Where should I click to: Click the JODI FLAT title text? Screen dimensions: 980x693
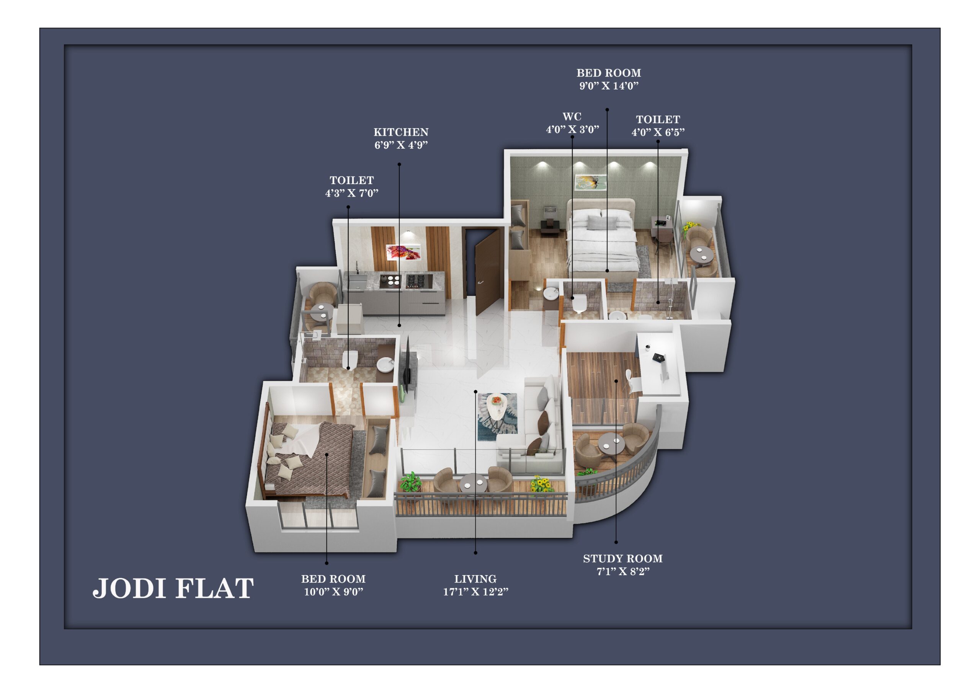click(x=173, y=589)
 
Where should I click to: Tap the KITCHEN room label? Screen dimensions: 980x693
click(x=401, y=132)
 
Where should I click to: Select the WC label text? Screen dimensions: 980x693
click(x=572, y=116)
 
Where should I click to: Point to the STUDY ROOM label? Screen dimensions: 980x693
click(x=623, y=559)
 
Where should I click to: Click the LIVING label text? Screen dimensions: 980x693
click(x=475, y=579)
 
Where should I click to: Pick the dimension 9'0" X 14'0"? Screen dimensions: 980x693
click(x=609, y=86)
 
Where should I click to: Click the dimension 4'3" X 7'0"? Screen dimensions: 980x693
click(x=352, y=193)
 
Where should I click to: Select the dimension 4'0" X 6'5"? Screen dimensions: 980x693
click(x=658, y=132)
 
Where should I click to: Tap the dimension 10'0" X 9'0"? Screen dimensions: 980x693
click(x=333, y=592)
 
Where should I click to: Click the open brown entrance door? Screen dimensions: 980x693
click(x=487, y=273)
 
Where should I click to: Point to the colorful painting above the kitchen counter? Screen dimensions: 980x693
click(x=403, y=252)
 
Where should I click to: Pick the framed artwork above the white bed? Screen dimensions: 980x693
click(x=590, y=182)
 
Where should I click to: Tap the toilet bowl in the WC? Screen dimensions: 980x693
click(x=579, y=304)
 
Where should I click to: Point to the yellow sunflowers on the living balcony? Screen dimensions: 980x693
click(x=540, y=484)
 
